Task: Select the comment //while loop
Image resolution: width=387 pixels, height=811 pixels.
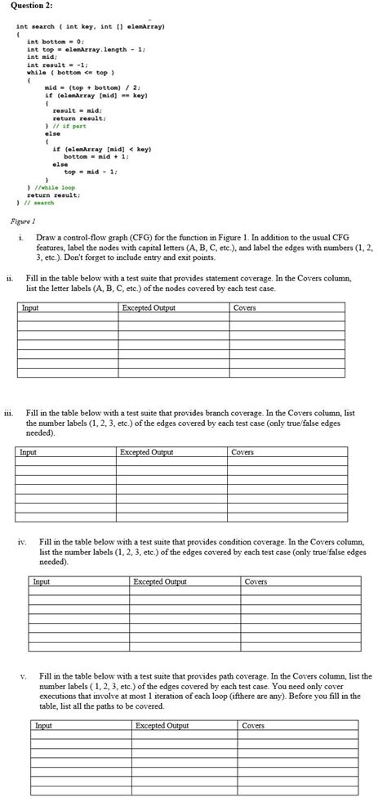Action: pyautogui.click(x=53, y=188)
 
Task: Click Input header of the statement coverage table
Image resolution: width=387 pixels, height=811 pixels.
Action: pyautogui.click(x=29, y=308)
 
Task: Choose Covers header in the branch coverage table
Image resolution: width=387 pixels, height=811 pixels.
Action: pyautogui.click(x=243, y=452)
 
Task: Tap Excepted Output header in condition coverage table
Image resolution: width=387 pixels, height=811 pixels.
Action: pyautogui.click(x=159, y=582)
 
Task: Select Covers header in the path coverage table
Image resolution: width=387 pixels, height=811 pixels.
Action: pyautogui.click(x=253, y=726)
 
